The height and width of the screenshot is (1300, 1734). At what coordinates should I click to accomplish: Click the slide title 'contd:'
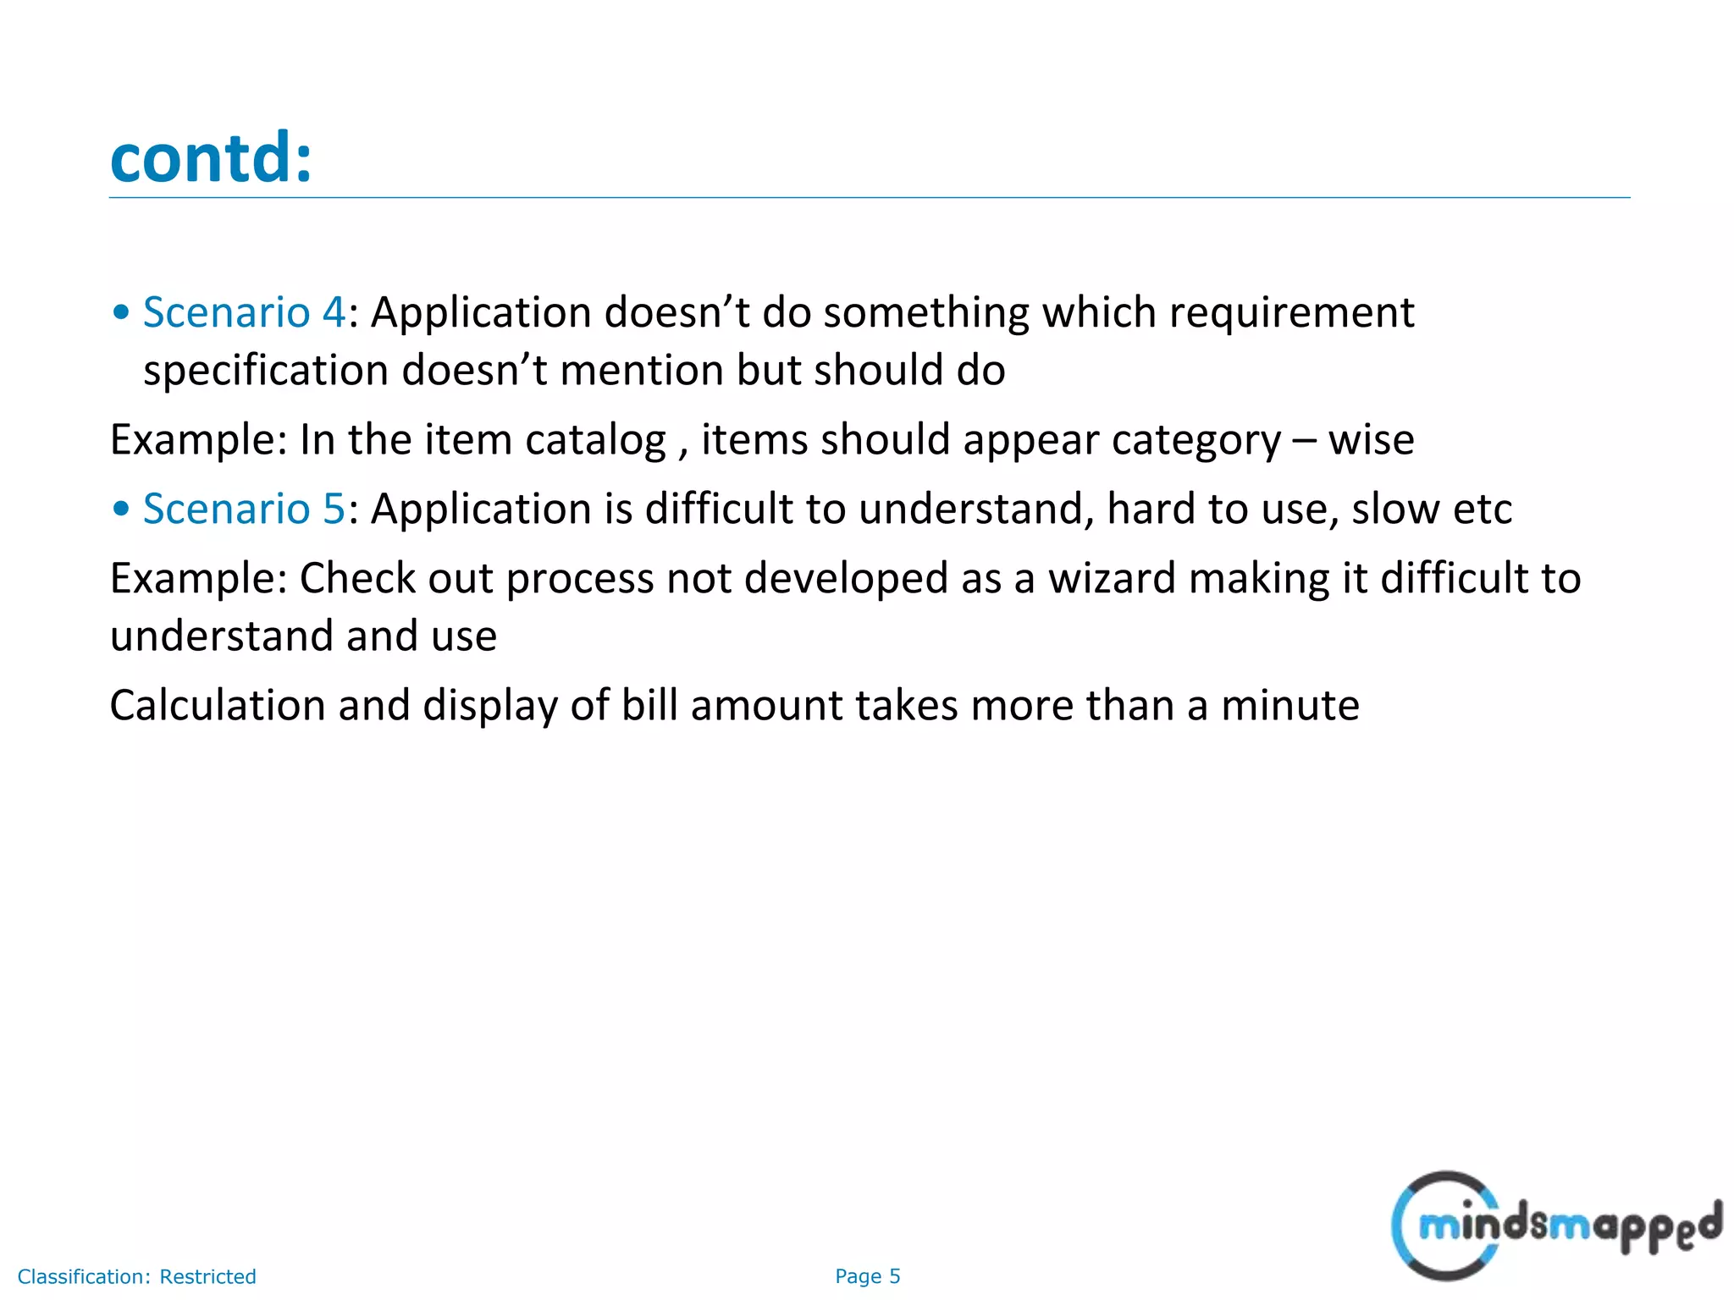pos(211,158)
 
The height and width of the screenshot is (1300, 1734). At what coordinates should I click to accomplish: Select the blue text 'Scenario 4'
pos(244,312)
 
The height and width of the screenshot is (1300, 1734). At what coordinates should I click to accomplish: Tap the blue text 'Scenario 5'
pos(244,509)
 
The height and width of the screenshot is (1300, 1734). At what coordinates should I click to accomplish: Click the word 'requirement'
pos(1291,312)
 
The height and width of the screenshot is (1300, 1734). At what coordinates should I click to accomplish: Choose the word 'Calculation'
pos(218,706)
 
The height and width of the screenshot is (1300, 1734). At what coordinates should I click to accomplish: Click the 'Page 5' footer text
pos(867,1276)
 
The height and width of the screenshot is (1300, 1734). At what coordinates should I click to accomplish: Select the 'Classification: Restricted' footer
pos(136,1276)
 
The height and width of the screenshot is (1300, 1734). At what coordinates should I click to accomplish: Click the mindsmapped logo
pos(1555,1226)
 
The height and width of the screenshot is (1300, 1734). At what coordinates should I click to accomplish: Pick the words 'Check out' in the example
pos(395,579)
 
